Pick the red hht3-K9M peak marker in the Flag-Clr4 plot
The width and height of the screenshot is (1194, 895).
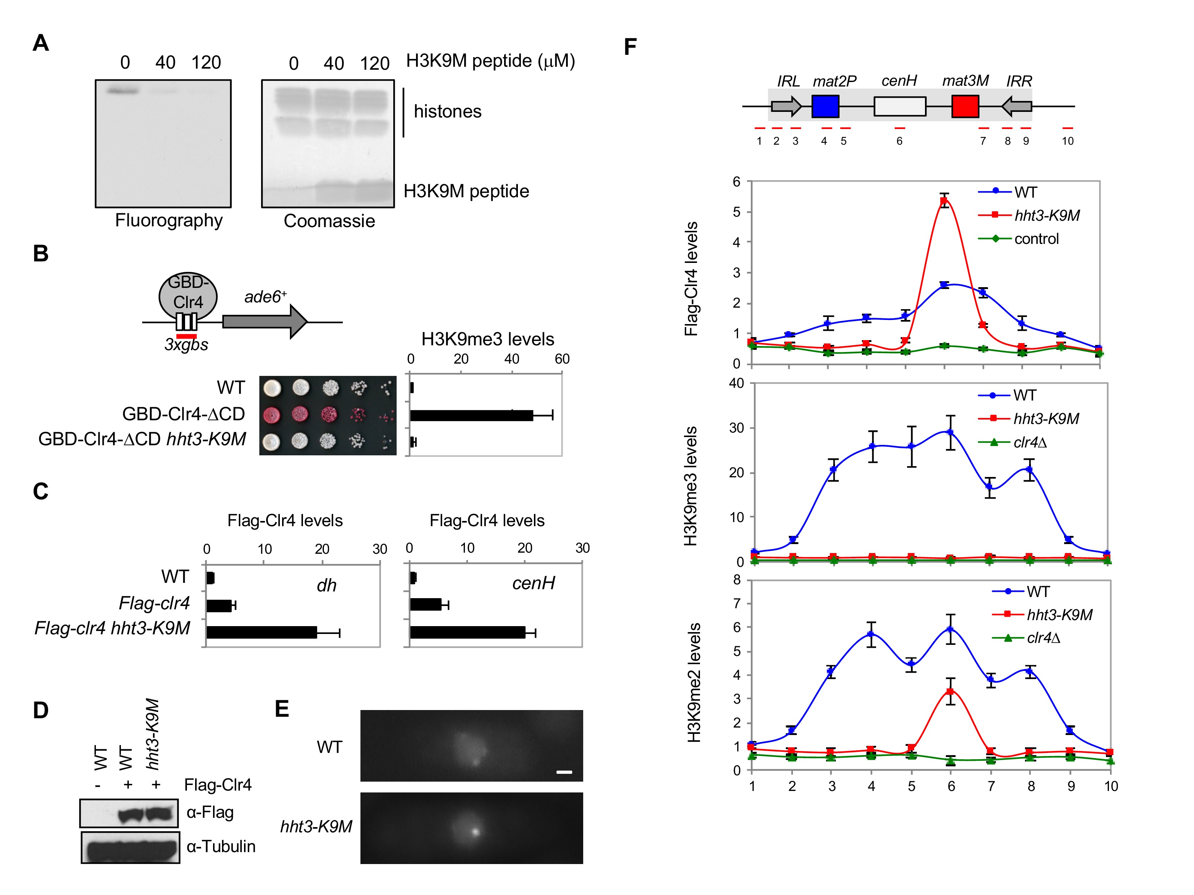(944, 201)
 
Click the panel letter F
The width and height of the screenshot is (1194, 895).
(630, 47)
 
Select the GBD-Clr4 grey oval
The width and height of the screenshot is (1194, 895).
(188, 296)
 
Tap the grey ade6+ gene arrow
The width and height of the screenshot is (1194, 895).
(265, 321)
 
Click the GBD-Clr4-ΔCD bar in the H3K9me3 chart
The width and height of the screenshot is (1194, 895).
(471, 415)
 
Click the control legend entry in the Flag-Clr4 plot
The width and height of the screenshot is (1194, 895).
(1036, 239)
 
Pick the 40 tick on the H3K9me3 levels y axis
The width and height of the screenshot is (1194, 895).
(736, 384)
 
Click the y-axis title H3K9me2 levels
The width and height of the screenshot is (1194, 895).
(694, 682)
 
